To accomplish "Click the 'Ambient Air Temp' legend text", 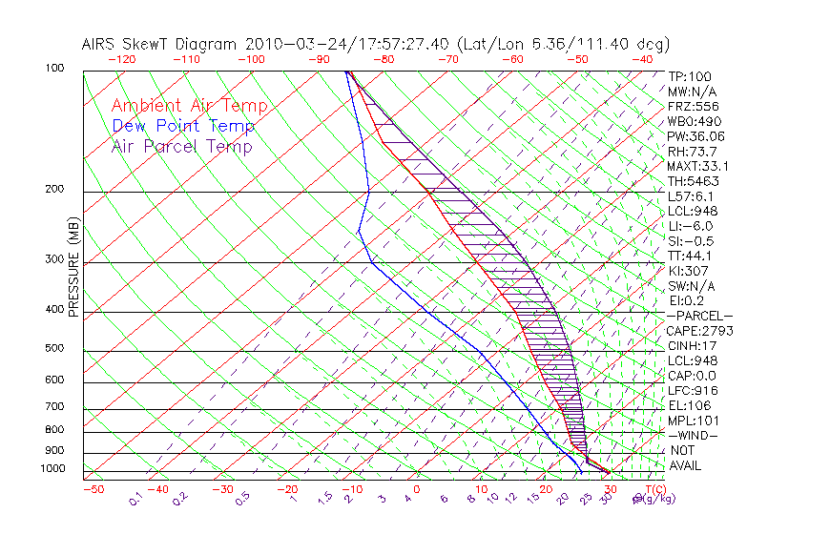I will (189, 106).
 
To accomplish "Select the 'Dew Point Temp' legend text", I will (183, 126).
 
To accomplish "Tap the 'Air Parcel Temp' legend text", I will (182, 146).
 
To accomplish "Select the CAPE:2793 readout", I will (699, 331).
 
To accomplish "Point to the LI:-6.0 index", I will (693, 226).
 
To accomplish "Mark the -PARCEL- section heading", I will (699, 316).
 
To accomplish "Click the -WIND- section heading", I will (693, 435).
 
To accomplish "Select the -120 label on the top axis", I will (121, 59).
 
